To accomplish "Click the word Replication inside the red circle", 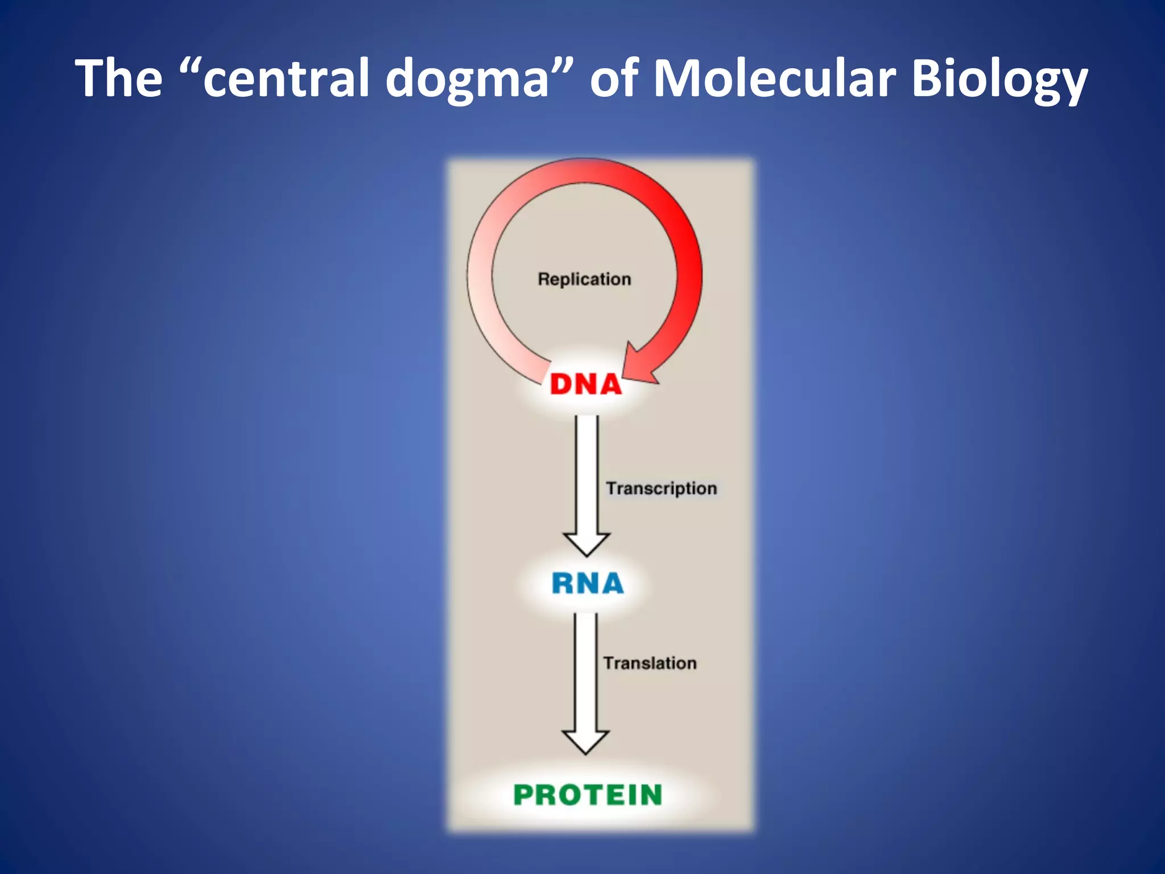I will (584, 279).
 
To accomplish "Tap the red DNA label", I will (586, 385).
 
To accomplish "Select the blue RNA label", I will (588, 584).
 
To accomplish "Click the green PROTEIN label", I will (588, 795).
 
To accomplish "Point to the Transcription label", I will (661, 488).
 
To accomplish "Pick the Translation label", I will (650, 663).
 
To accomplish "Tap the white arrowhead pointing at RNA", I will (586, 543).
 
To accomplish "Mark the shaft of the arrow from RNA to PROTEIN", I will (586, 671).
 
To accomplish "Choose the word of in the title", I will (614, 78).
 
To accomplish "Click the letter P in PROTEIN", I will (526, 795).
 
